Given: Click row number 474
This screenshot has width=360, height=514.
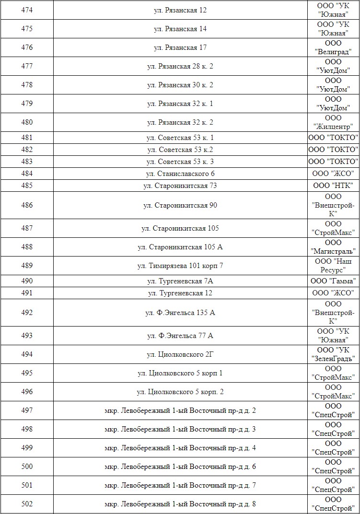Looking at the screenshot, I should (x=27, y=10).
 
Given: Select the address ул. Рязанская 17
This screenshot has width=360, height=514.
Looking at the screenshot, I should (x=180, y=47).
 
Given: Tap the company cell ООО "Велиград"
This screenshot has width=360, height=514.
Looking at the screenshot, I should (x=333, y=47).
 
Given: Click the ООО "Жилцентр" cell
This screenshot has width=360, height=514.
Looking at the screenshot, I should (x=333, y=122).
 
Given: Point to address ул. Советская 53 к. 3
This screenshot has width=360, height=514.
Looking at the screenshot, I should (x=180, y=162).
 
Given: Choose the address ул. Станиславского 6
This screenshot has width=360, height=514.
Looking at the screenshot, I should (x=180, y=174).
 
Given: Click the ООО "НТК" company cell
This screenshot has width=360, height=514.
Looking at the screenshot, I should (x=333, y=186).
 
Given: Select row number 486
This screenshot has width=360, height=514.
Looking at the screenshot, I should (x=27, y=205).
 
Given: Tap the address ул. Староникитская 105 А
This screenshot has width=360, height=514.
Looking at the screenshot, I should (x=180, y=247).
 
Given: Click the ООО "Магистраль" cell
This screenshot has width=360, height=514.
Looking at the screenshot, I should (x=333, y=247).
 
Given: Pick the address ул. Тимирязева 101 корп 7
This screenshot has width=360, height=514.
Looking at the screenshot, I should (x=180, y=266).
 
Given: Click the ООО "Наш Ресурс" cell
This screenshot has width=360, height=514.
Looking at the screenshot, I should (x=333, y=266).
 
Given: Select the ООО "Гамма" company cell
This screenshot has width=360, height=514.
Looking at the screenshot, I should (x=333, y=281).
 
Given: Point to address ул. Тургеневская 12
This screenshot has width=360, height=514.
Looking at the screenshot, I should (x=180, y=293).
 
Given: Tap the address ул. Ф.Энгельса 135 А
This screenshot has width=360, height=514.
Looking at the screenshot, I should (x=180, y=313).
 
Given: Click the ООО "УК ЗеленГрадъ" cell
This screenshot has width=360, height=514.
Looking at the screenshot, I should (x=333, y=354).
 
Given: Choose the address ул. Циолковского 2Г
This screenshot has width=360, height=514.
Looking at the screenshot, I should (x=180, y=354).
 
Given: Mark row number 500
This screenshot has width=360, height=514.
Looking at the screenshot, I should (x=27, y=467).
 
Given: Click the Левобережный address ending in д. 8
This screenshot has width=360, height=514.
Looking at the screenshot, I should (x=180, y=504).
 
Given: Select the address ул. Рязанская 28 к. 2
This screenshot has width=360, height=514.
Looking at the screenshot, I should (x=180, y=66).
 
